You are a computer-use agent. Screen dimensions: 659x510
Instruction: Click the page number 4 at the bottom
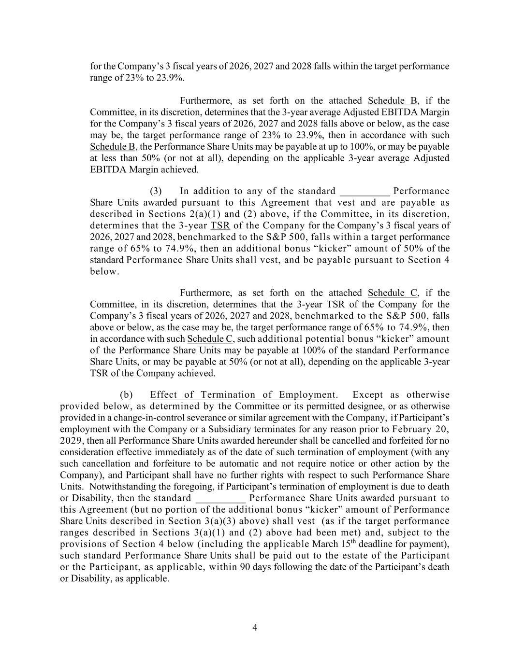[x=255, y=628]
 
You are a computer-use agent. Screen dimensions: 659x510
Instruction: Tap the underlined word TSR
[x=220, y=225]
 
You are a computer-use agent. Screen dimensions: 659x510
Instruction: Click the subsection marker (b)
[x=126, y=395]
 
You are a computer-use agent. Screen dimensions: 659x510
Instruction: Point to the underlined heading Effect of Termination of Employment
[x=242, y=395]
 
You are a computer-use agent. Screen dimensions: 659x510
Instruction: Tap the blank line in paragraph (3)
[x=364, y=191]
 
